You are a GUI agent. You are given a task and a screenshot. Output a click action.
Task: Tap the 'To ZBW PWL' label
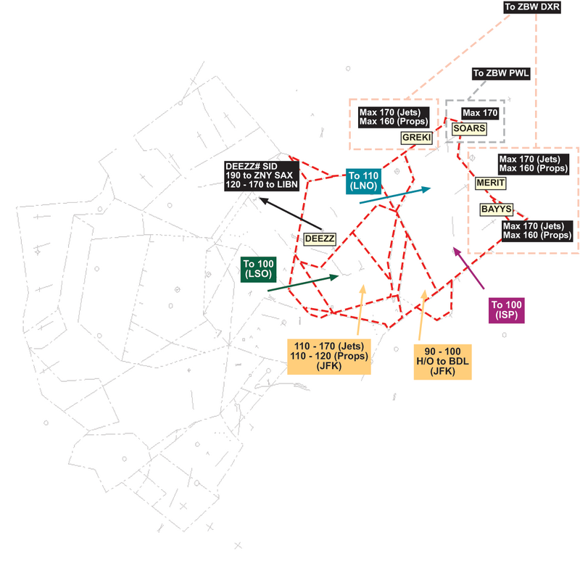pyautogui.click(x=501, y=73)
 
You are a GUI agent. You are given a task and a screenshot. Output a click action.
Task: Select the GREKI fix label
pyautogui.click(x=416, y=136)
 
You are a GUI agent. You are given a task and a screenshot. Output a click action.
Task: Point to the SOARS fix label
pyautogui.click(x=468, y=128)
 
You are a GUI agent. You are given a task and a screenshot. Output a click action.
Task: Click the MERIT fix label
pyautogui.click(x=491, y=183)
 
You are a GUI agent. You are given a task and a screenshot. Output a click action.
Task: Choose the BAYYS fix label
pyautogui.click(x=497, y=209)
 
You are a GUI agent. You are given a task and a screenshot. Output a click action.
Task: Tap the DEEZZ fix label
pyautogui.click(x=320, y=238)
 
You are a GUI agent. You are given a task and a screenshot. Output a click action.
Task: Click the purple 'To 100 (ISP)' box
pyautogui.click(x=506, y=310)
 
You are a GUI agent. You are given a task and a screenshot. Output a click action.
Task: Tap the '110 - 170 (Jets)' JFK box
pyautogui.click(x=328, y=356)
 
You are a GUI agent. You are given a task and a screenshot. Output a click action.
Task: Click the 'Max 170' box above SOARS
pyautogui.click(x=480, y=113)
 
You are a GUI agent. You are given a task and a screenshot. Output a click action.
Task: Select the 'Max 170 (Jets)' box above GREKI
pyautogui.click(x=394, y=117)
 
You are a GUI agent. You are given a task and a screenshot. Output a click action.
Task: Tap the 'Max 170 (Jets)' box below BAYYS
pyautogui.click(x=538, y=230)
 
